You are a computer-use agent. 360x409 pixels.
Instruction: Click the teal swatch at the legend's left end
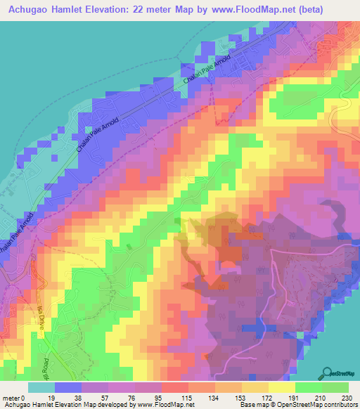coord(41,387)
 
